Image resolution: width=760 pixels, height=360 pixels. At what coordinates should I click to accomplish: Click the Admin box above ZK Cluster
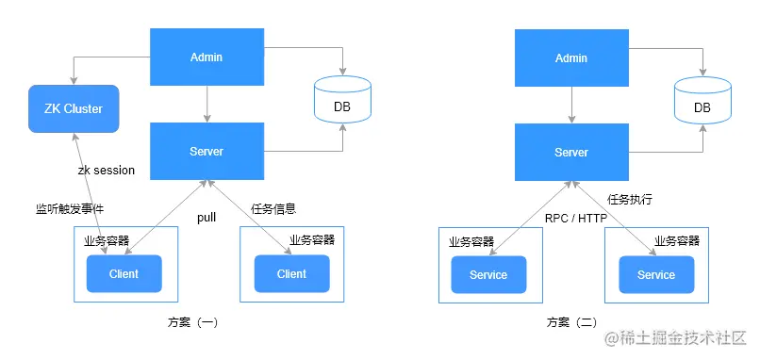pyautogui.click(x=207, y=57)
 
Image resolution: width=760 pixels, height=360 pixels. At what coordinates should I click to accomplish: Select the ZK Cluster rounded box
pyautogui.click(x=74, y=108)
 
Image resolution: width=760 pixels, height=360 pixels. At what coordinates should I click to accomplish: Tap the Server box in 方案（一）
pyautogui.click(x=207, y=151)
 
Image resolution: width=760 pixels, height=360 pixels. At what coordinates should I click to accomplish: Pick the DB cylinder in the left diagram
pyautogui.click(x=342, y=99)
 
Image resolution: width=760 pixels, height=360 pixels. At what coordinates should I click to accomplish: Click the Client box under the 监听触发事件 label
pyautogui.click(x=124, y=273)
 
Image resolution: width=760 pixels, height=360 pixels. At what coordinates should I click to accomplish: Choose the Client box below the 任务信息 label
pyautogui.click(x=291, y=273)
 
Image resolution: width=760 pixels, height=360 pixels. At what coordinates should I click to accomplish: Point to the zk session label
pyautogui.click(x=107, y=171)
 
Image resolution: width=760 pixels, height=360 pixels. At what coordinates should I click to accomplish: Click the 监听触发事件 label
pyautogui.click(x=70, y=209)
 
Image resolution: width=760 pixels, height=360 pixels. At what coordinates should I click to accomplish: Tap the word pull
pyautogui.click(x=207, y=218)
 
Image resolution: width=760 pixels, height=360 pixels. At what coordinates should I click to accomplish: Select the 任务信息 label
pyautogui.click(x=273, y=209)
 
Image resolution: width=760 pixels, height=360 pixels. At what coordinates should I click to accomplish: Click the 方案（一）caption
pyautogui.click(x=193, y=321)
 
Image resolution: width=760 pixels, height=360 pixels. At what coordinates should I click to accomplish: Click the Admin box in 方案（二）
pyautogui.click(x=571, y=57)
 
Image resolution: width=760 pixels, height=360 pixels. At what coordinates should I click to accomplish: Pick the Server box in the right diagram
pyautogui.click(x=571, y=152)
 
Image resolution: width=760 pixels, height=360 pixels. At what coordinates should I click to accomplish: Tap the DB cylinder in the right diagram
pyautogui.click(x=702, y=99)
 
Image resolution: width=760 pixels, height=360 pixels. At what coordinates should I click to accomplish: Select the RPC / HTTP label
pyautogui.click(x=576, y=219)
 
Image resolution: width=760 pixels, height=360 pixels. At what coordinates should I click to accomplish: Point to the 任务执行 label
pyautogui.click(x=630, y=199)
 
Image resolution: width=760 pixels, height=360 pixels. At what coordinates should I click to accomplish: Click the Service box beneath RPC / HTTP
pyautogui.click(x=488, y=275)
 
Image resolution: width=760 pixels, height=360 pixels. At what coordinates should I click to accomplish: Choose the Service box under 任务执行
pyautogui.click(x=656, y=275)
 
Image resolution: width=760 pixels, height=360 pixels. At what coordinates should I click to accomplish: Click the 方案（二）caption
pyautogui.click(x=572, y=322)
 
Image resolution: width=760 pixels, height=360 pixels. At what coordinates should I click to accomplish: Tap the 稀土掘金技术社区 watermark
pyautogui.click(x=675, y=337)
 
